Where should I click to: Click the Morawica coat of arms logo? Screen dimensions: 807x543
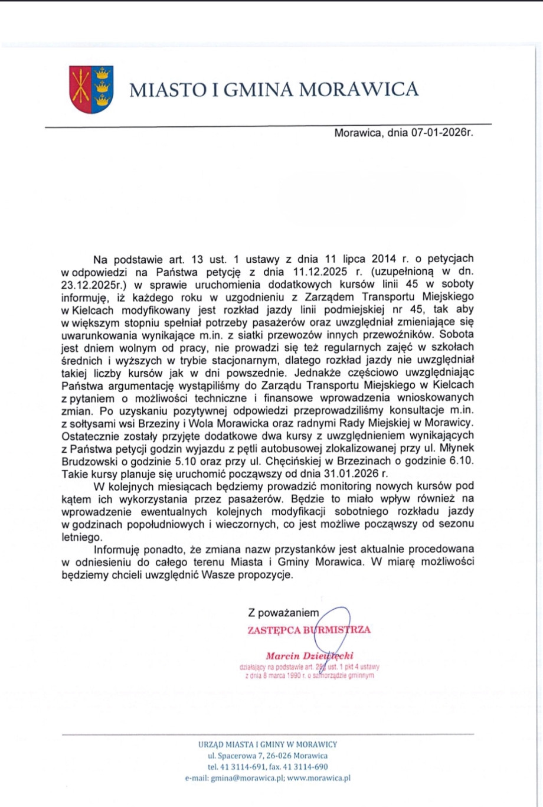click(x=91, y=90)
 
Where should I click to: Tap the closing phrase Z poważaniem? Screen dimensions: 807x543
click(x=284, y=613)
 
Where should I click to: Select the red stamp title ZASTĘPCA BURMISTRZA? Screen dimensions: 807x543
click(x=309, y=629)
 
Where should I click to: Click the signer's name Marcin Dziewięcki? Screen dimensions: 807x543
click(x=309, y=656)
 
